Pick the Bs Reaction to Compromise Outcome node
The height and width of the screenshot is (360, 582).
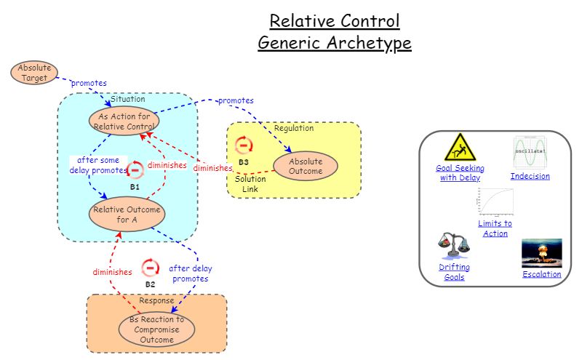click(156, 329)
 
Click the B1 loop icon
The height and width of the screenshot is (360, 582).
click(135, 170)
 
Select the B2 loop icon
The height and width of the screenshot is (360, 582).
click(150, 268)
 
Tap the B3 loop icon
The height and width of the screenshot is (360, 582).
click(244, 145)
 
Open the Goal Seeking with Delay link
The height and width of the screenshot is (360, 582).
click(460, 172)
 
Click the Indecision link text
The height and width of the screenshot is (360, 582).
click(530, 176)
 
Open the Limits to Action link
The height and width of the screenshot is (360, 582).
click(495, 228)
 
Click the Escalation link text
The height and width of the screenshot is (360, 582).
click(541, 274)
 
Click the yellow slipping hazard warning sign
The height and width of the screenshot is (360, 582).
click(460, 148)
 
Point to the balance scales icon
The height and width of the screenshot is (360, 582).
click(453, 247)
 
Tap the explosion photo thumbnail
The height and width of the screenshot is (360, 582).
click(541, 253)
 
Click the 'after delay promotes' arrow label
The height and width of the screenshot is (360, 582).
click(191, 273)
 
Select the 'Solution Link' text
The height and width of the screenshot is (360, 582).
click(250, 184)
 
